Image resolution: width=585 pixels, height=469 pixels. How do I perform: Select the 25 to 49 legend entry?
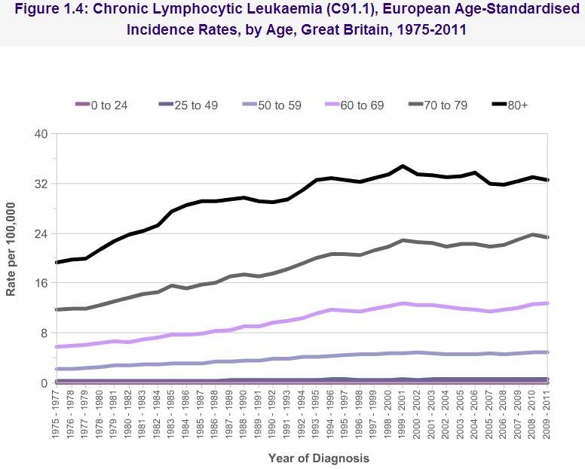tap(193, 105)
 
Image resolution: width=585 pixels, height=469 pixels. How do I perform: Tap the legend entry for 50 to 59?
tap(276, 105)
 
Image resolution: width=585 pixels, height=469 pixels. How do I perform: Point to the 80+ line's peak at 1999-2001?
tap(403, 166)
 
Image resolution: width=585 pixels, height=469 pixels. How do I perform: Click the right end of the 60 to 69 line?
tap(547, 303)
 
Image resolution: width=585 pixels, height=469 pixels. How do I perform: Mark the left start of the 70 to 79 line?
tap(58, 309)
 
